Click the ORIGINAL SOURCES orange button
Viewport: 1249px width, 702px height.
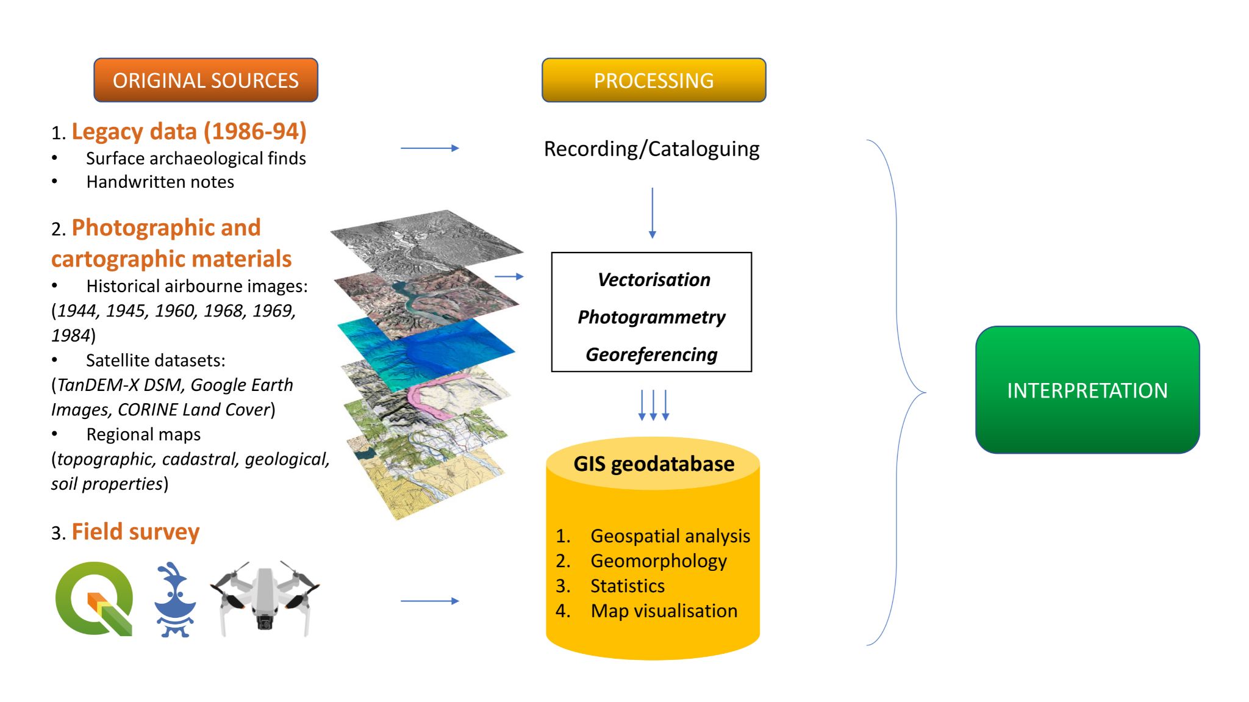pos(206,80)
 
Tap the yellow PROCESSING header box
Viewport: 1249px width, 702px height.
pos(653,80)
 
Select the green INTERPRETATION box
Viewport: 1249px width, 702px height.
pos(1087,390)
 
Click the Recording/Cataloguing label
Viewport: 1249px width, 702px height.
pos(651,149)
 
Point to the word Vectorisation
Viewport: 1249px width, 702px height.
pos(654,279)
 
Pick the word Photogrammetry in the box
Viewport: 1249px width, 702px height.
pos(651,317)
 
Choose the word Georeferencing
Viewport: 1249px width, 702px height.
pos(651,354)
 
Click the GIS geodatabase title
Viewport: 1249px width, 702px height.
pos(653,464)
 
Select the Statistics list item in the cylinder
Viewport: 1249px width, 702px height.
pos(627,586)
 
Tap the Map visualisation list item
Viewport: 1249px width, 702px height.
pos(664,611)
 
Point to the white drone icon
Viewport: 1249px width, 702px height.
pos(265,599)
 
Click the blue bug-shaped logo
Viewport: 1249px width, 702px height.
pos(175,600)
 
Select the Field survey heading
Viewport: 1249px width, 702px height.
pos(135,532)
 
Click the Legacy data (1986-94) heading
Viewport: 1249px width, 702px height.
pos(188,132)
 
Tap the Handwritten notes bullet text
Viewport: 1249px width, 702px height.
pos(160,182)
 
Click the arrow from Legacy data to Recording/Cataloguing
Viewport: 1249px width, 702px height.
pos(429,148)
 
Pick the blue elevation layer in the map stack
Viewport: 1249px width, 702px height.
pos(427,345)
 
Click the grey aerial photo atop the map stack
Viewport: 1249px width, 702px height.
pos(427,241)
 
